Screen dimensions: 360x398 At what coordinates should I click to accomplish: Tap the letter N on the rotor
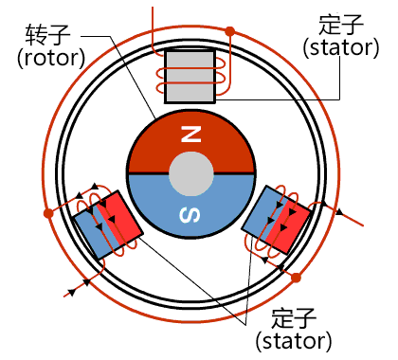click(x=191, y=135)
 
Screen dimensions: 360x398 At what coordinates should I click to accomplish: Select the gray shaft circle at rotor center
click(x=191, y=174)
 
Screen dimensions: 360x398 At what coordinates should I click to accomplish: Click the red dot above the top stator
click(x=228, y=31)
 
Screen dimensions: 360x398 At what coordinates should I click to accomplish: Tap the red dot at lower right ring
click(x=296, y=278)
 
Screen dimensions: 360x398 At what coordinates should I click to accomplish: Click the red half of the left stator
click(x=121, y=217)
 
